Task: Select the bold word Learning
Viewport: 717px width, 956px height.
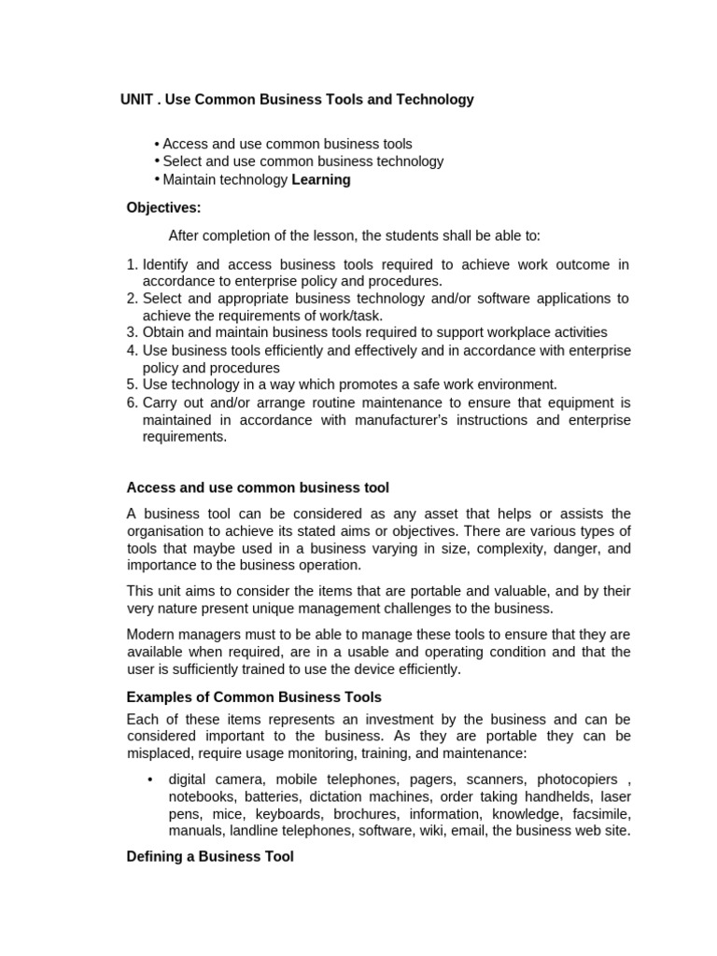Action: pos(321,179)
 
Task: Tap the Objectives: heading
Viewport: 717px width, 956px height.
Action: pos(163,207)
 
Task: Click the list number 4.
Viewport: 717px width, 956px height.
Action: pos(132,350)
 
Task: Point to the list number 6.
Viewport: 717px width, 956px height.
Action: pos(132,402)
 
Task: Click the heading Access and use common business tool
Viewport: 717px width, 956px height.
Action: pos(258,487)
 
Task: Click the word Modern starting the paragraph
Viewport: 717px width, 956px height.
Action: pos(150,635)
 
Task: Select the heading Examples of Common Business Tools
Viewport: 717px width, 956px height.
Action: pos(254,697)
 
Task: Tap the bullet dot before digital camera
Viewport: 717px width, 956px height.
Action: pos(150,779)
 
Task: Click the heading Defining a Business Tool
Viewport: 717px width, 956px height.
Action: pos(210,856)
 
